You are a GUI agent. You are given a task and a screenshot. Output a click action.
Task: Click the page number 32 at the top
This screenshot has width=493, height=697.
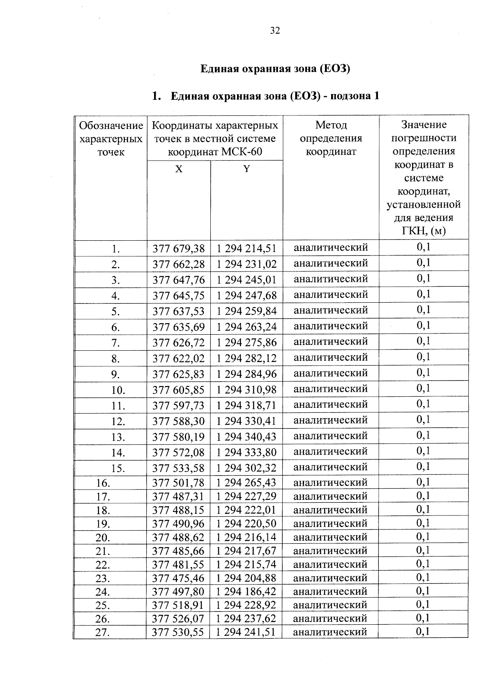275,31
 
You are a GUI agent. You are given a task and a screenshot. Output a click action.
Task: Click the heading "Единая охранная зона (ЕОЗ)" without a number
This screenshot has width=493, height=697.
275,69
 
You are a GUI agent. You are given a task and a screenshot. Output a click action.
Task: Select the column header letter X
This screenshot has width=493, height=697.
179,169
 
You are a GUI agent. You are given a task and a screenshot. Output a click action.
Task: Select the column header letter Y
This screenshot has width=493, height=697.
246,169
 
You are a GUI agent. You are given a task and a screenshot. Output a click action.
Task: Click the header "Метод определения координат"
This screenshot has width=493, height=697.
331,138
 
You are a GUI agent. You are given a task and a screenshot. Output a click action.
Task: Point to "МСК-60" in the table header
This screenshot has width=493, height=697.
242,152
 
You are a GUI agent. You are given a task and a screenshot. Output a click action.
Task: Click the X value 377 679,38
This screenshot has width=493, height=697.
179,249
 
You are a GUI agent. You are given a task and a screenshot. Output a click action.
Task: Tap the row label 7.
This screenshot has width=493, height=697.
115,343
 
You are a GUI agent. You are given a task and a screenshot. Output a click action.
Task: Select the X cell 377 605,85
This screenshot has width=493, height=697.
179,390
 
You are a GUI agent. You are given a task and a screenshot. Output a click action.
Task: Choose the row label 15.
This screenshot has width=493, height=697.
118,468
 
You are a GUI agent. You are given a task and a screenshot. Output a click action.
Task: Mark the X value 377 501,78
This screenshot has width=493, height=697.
178,483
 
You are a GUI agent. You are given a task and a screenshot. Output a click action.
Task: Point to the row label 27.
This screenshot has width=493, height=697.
103,633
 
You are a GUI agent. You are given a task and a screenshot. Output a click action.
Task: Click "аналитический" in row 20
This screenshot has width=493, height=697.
330,537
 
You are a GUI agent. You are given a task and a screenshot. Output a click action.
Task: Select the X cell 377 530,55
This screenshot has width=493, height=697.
178,632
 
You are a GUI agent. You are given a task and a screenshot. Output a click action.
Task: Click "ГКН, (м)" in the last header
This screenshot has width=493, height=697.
424,231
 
